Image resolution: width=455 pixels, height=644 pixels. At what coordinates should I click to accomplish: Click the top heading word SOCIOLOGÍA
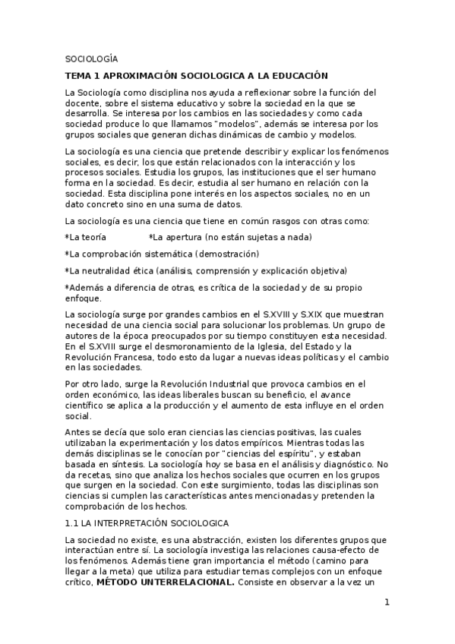91,58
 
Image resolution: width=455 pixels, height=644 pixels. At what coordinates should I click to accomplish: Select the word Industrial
222,384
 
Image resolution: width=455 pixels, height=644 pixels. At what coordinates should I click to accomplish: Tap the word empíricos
245,443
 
